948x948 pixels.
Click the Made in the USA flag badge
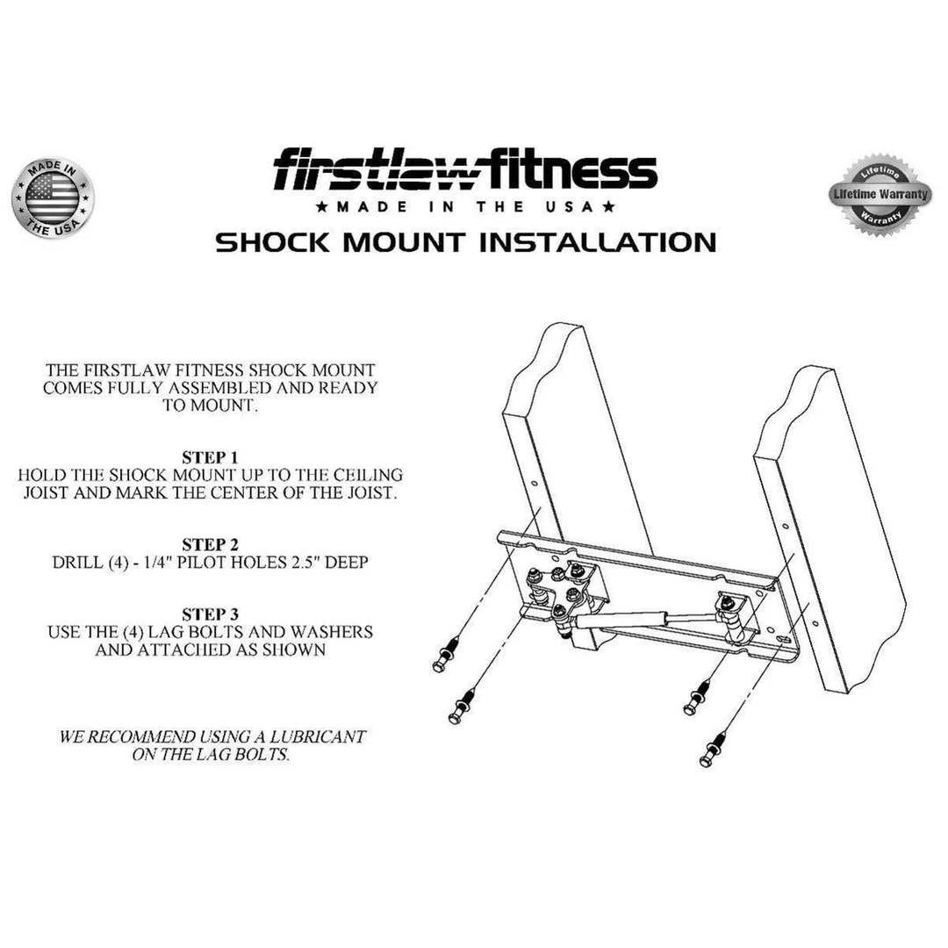point(52,198)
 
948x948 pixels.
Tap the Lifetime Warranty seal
point(880,195)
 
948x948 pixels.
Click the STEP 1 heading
point(210,457)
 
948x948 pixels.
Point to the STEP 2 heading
point(210,544)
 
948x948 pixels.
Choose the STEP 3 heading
point(210,614)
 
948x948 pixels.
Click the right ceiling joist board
point(829,527)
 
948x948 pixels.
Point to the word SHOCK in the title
point(272,242)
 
